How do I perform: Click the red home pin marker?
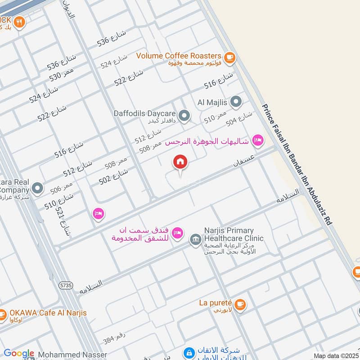click(x=180, y=162)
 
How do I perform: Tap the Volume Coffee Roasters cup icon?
click(x=229, y=57)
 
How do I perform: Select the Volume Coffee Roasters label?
click(x=179, y=56)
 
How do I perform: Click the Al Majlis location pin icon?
click(x=235, y=102)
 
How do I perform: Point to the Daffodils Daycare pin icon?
click(x=183, y=116)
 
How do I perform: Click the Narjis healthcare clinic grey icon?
click(x=195, y=238)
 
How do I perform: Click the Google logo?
click(x=19, y=354)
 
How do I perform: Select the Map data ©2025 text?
click(x=335, y=355)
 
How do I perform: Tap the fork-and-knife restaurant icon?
click(x=18, y=21)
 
